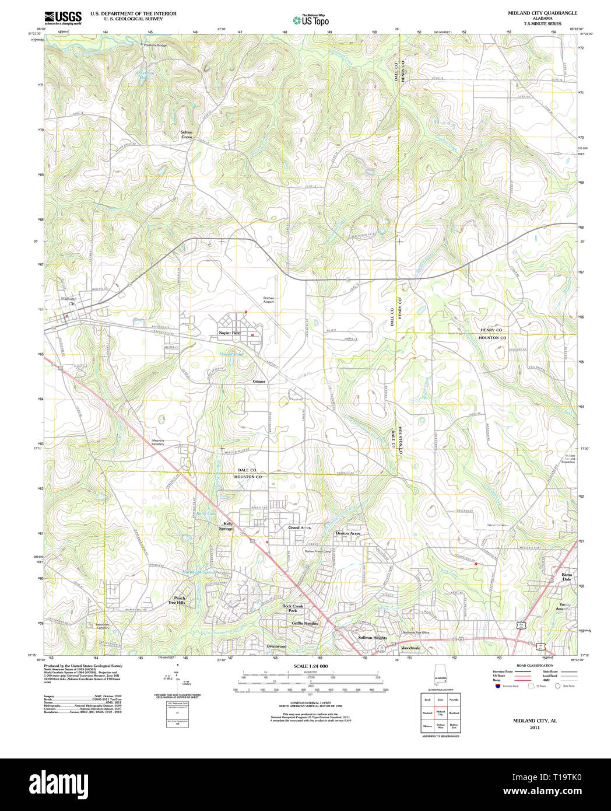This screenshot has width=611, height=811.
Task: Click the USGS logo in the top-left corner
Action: [63, 17]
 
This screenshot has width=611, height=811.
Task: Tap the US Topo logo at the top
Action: [311, 20]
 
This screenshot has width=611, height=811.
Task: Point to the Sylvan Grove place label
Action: [186, 135]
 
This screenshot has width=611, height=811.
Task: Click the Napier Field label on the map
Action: [230, 333]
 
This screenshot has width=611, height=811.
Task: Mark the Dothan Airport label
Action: [268, 300]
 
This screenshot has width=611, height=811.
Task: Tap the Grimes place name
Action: [259, 382]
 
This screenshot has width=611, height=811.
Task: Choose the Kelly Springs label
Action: [226, 526]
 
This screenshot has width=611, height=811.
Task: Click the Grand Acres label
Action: [299, 527]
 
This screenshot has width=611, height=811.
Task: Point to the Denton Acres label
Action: [347, 533]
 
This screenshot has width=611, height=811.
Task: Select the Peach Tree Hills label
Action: [177, 600]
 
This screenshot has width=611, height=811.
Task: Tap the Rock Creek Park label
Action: [293, 608]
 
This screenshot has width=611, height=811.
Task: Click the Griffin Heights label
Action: [305, 623]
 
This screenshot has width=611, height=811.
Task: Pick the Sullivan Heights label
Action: [372, 638]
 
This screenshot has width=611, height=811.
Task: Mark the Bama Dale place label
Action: [566, 576]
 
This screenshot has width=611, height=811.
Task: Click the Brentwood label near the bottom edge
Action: [276, 646]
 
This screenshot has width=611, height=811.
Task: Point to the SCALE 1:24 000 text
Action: [310, 666]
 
